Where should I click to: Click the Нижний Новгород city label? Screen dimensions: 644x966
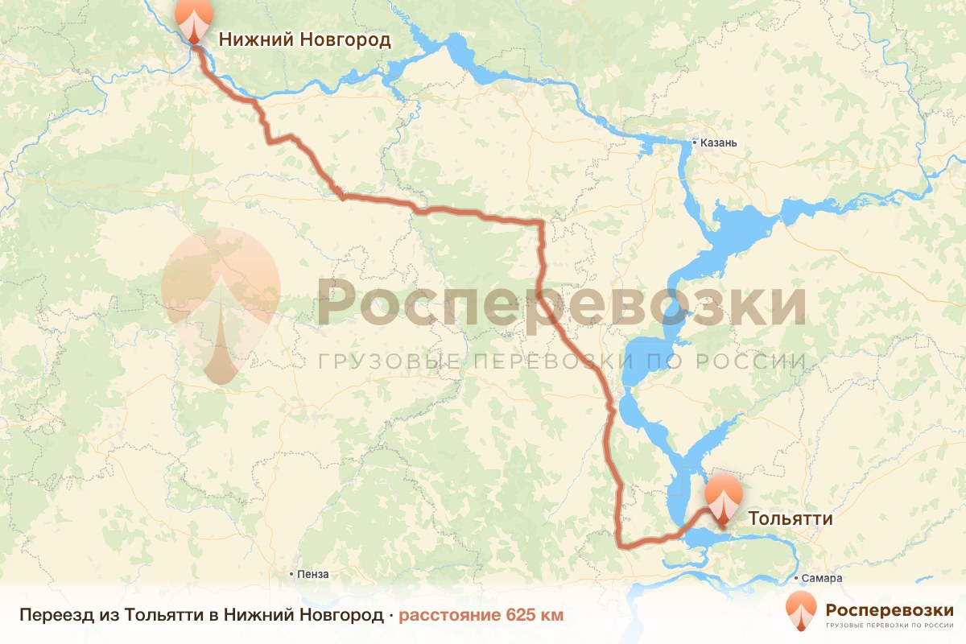(x=305, y=39)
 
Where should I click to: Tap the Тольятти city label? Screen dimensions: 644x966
(x=791, y=518)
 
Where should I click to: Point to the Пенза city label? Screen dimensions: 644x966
(x=313, y=574)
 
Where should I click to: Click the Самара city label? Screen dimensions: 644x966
(x=822, y=579)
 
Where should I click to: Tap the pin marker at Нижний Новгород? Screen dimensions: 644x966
(x=193, y=20)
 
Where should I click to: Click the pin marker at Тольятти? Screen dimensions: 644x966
(x=723, y=499)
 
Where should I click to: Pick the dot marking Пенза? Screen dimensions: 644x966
(x=292, y=574)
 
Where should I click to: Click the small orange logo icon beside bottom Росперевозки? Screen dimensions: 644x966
(x=801, y=611)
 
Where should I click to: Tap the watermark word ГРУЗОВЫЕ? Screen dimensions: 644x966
(x=387, y=361)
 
